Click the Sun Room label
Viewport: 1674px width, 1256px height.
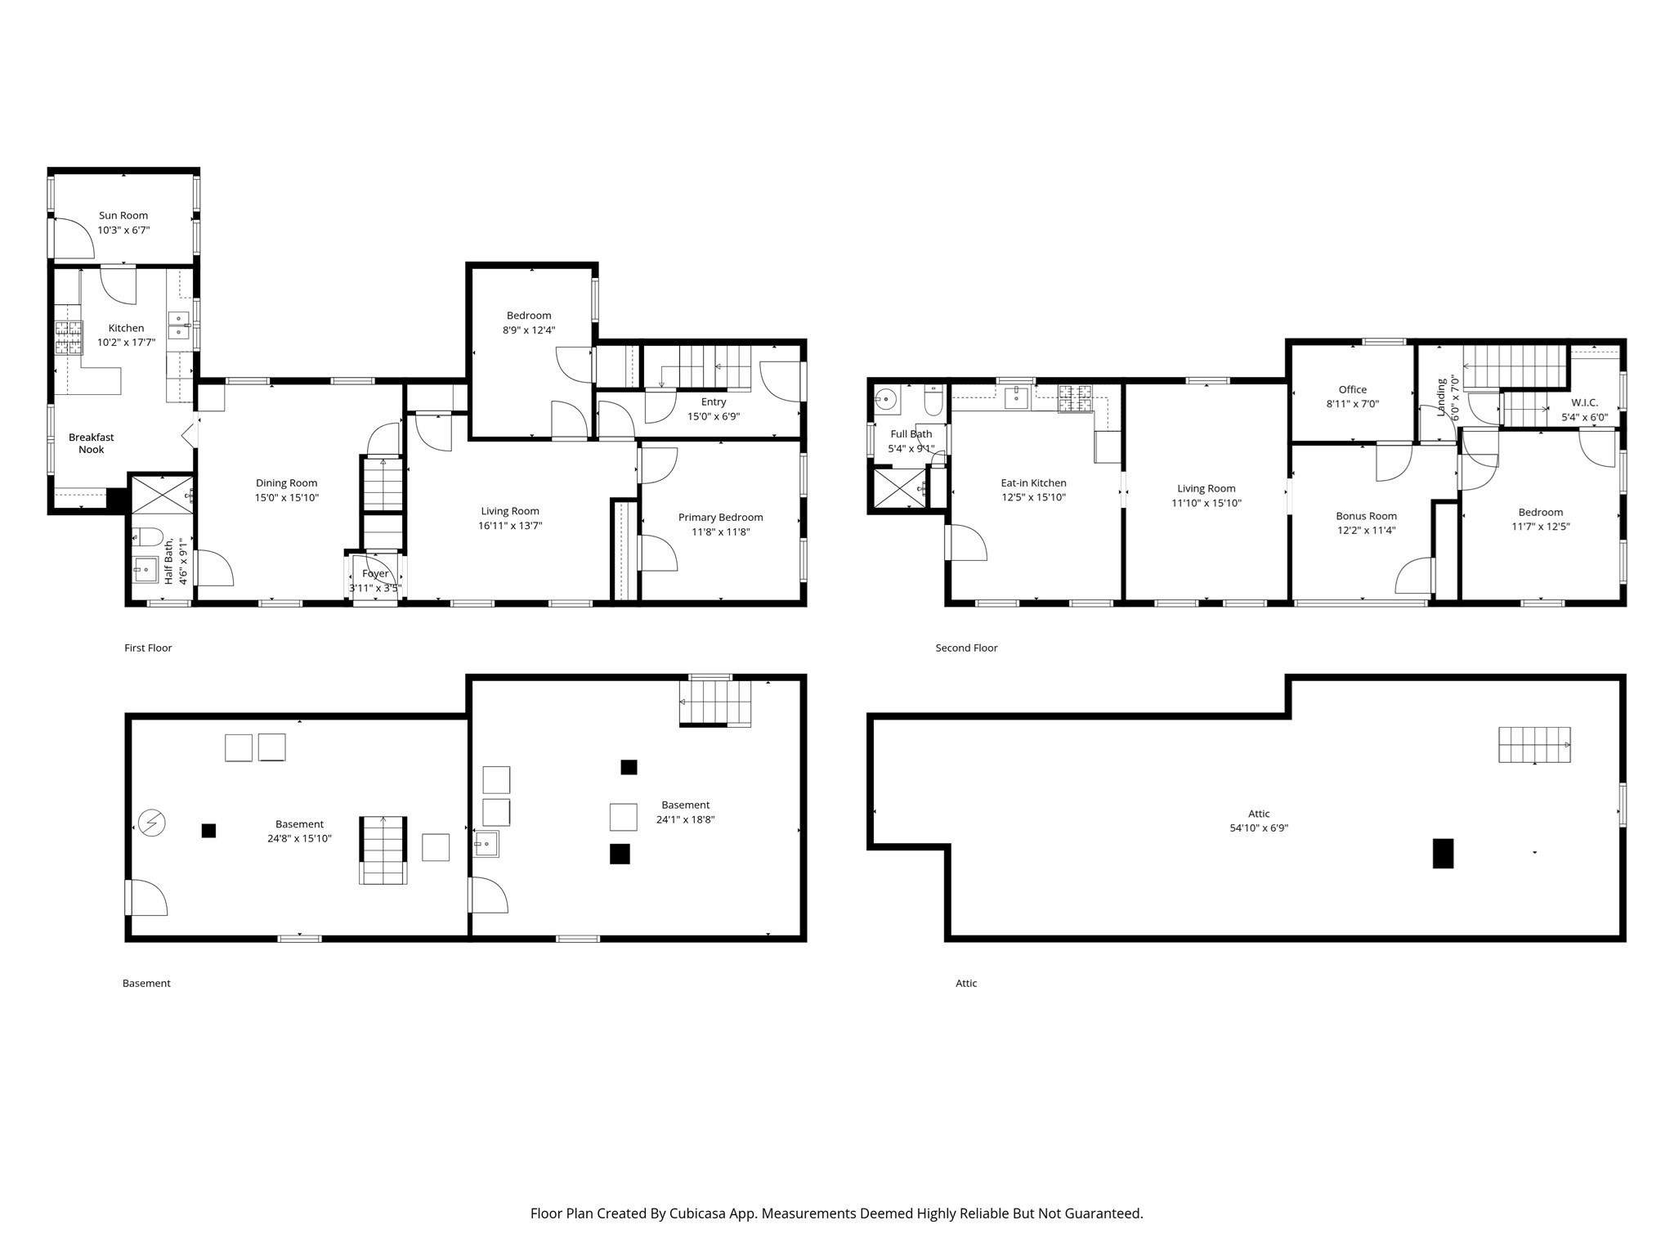(x=123, y=216)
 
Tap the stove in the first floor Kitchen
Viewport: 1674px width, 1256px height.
(x=69, y=337)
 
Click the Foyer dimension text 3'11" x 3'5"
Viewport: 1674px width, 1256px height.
(x=374, y=587)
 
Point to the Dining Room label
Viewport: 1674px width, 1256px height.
(x=286, y=483)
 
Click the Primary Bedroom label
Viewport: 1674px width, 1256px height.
(x=720, y=517)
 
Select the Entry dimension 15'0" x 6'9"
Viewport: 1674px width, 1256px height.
(x=713, y=416)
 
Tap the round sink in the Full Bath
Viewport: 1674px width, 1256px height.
(x=884, y=400)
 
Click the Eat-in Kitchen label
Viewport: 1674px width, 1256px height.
(x=1033, y=482)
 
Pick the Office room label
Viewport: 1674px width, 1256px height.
(x=1352, y=389)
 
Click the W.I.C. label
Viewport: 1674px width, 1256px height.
(x=1584, y=402)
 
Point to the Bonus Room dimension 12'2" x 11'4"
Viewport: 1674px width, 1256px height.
(x=1366, y=530)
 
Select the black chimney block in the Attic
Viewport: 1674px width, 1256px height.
(x=1443, y=853)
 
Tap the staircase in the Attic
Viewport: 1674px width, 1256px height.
(x=1533, y=744)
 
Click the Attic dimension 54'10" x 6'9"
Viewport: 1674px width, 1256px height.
(x=1259, y=828)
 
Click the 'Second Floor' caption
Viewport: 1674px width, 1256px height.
(x=966, y=648)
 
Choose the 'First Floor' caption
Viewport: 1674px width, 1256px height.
(x=148, y=648)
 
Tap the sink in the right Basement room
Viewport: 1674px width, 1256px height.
(x=487, y=842)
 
